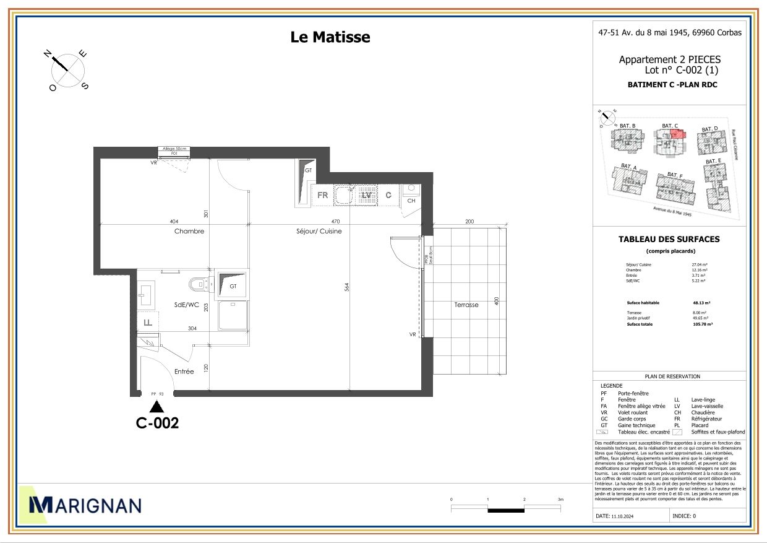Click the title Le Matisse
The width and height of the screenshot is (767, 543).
pyautogui.click(x=330, y=37)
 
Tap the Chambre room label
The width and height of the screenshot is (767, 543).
pyautogui.click(x=189, y=231)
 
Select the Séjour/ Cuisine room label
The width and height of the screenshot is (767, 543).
pyautogui.click(x=319, y=231)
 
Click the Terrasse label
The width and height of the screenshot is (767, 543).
pyautogui.click(x=466, y=305)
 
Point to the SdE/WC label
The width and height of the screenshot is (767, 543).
pyautogui.click(x=186, y=305)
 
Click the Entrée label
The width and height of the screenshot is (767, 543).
pyautogui.click(x=184, y=371)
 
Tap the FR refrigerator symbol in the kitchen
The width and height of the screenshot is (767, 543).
pyautogui.click(x=322, y=195)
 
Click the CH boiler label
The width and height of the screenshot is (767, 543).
pyautogui.click(x=411, y=201)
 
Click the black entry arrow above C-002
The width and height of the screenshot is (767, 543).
pyautogui.click(x=157, y=406)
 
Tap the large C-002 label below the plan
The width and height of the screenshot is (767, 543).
pyautogui.click(x=157, y=424)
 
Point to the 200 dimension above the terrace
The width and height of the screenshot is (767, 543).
pyautogui.click(x=469, y=222)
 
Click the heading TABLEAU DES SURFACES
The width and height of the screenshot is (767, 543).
pyautogui.click(x=669, y=239)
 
